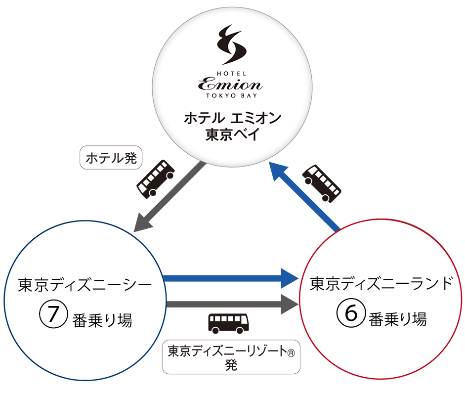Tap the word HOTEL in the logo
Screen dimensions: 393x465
[232, 71]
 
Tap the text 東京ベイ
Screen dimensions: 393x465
[232, 135]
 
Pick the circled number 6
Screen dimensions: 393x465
[349, 314]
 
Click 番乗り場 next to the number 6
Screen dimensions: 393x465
[398, 319]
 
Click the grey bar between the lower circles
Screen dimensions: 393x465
[232, 301]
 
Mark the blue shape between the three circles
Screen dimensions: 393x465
[232, 257]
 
